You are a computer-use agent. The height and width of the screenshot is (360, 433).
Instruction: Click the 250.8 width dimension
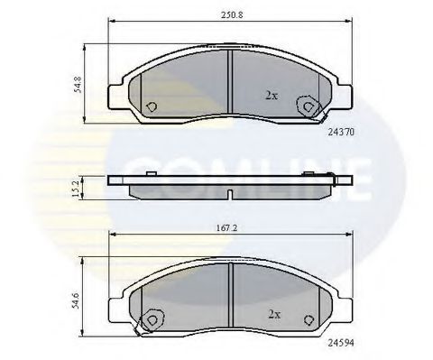229,14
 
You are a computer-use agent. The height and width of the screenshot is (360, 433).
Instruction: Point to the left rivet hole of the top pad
151,105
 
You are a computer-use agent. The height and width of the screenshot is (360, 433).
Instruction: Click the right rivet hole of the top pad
309,106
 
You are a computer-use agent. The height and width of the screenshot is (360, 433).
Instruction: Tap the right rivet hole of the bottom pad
309,318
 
